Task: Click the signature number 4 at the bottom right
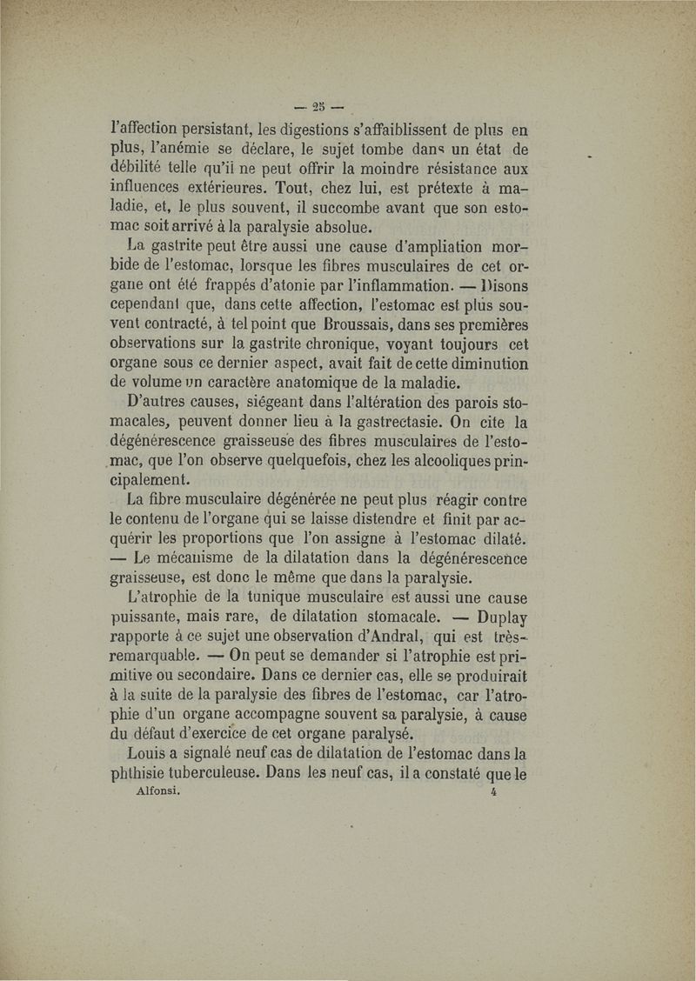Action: [492, 793]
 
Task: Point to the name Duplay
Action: [505, 618]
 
